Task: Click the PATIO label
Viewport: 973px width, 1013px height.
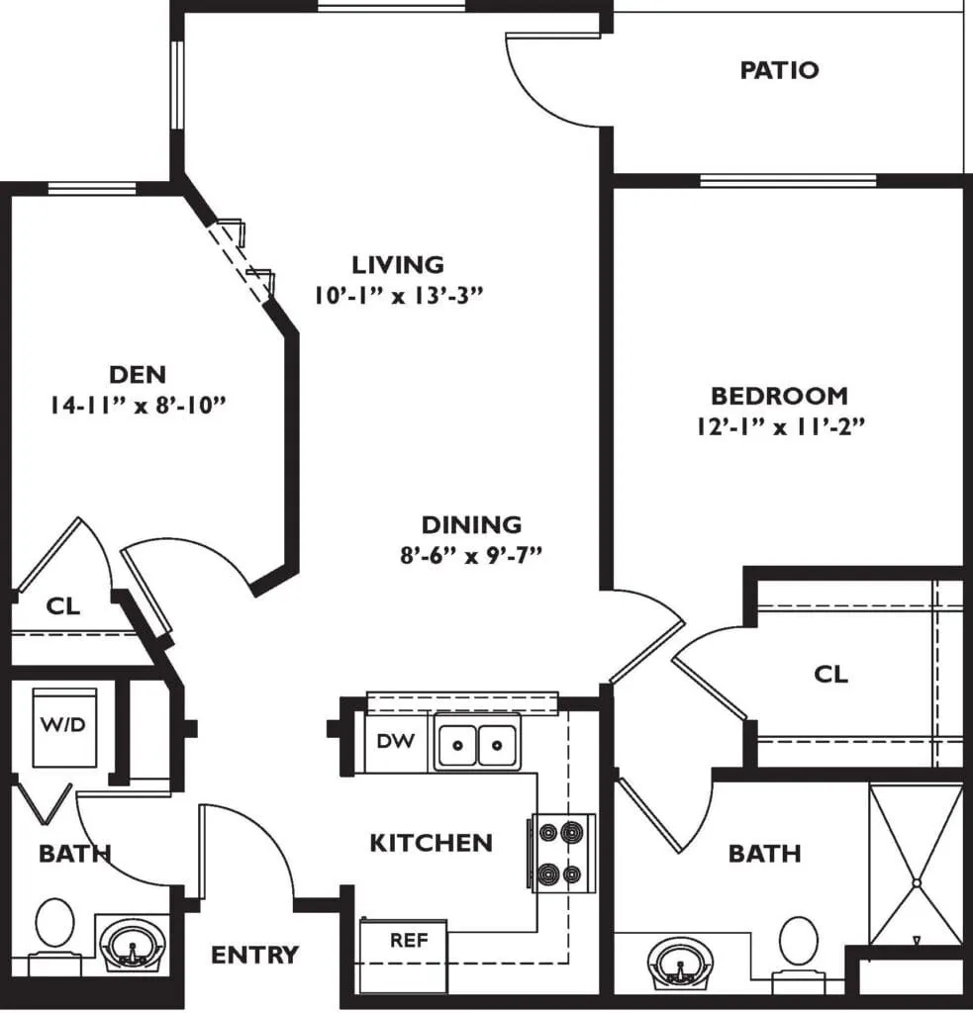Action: point(779,70)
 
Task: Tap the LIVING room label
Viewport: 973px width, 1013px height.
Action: point(398,265)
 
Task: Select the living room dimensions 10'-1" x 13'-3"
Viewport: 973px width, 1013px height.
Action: point(399,295)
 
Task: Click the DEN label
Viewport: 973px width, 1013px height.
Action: point(138,375)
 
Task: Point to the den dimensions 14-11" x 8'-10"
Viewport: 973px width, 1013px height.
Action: point(139,405)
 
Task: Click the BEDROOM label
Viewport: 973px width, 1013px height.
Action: point(779,396)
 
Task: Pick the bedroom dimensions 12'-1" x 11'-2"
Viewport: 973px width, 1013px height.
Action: point(780,426)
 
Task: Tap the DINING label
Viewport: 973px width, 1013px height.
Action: point(471,524)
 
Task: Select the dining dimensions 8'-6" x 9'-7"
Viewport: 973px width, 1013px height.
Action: point(470,555)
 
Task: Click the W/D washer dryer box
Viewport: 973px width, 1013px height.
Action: point(64,727)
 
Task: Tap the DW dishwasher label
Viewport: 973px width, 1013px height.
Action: point(396,741)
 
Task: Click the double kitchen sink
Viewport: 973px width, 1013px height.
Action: point(477,743)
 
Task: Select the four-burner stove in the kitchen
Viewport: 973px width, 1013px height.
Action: point(562,854)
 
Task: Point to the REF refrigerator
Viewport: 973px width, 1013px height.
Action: point(404,957)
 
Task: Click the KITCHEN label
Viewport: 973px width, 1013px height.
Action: point(432,843)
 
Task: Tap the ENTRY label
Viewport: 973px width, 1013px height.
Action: point(254,955)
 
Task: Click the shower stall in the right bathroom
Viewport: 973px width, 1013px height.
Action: point(917,865)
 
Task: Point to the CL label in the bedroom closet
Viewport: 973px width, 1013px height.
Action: point(830,675)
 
